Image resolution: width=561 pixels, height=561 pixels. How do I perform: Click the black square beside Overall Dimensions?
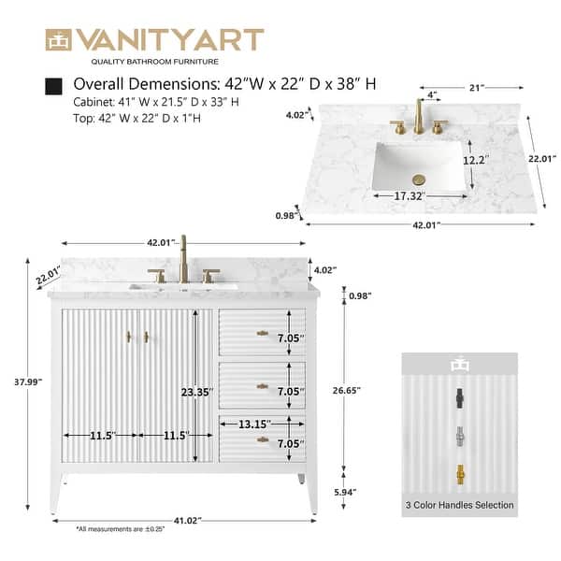click(54, 85)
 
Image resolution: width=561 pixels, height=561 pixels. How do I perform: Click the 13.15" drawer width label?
click(255, 424)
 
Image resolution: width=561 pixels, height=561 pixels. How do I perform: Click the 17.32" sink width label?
click(409, 196)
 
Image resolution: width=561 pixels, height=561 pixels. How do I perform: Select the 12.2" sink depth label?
click(476, 160)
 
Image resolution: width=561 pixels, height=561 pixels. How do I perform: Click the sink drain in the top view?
click(419, 179)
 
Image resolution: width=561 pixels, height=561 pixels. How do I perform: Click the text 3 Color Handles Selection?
click(459, 505)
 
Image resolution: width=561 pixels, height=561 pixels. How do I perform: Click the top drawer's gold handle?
click(264, 334)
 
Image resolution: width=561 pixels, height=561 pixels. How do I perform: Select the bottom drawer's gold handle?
click(264, 439)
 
